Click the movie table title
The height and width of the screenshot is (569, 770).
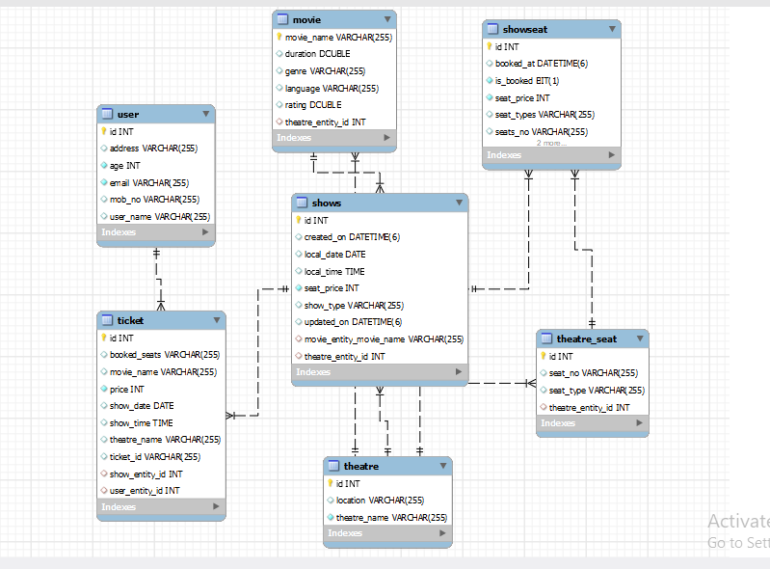(308, 19)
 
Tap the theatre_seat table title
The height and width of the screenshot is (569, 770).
(586, 339)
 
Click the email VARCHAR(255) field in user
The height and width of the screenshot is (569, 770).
(149, 182)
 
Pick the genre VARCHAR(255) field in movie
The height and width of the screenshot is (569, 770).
(325, 70)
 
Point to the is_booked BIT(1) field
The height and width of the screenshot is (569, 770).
(527, 80)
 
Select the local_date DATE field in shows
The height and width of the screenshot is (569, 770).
(334, 255)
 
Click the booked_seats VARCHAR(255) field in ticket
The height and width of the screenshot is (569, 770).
(164, 355)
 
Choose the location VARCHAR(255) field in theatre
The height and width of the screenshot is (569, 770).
(380, 500)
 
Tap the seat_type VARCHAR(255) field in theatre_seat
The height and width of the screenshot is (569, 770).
(596, 391)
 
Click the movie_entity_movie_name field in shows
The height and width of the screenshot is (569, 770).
(384, 339)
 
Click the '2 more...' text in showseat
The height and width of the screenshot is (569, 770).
(551, 143)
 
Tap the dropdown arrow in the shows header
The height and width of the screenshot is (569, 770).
(459, 203)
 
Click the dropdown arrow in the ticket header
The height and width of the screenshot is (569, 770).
(217, 320)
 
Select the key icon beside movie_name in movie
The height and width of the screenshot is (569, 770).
(279, 37)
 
